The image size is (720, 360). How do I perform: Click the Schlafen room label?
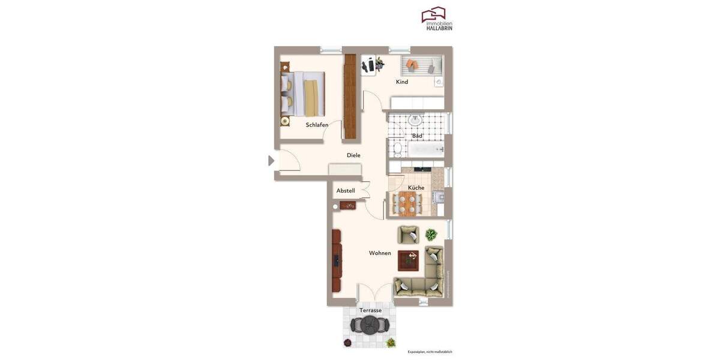pyautogui.click(x=317, y=125)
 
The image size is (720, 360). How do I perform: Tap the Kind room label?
pyautogui.click(x=402, y=82)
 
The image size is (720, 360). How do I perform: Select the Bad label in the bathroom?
pyautogui.click(x=417, y=136)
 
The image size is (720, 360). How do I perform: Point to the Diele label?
pyautogui.click(x=353, y=155)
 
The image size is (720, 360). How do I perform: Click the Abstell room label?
pyautogui.click(x=346, y=191)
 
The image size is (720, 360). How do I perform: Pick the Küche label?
pyautogui.click(x=416, y=188)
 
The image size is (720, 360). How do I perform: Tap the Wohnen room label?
pyautogui.click(x=380, y=253)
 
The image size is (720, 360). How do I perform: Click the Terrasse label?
pyautogui.click(x=370, y=310)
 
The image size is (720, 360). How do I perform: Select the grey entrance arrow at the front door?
pyautogui.click(x=271, y=161)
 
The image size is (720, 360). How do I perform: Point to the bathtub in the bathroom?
pyautogui.click(x=426, y=149)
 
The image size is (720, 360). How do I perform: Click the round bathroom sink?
pyautogui.click(x=415, y=121)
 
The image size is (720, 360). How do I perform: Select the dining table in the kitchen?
pyautogui.click(x=407, y=204)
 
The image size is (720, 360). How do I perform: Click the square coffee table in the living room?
pyautogui.click(x=409, y=260)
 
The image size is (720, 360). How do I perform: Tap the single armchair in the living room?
pyautogui.click(x=408, y=234)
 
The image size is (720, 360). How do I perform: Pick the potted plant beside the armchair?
pyautogui.click(x=431, y=234)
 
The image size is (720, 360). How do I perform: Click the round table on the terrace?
pyautogui.click(x=370, y=326)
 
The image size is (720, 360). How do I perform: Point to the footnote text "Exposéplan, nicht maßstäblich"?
pyautogui.click(x=430, y=352)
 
